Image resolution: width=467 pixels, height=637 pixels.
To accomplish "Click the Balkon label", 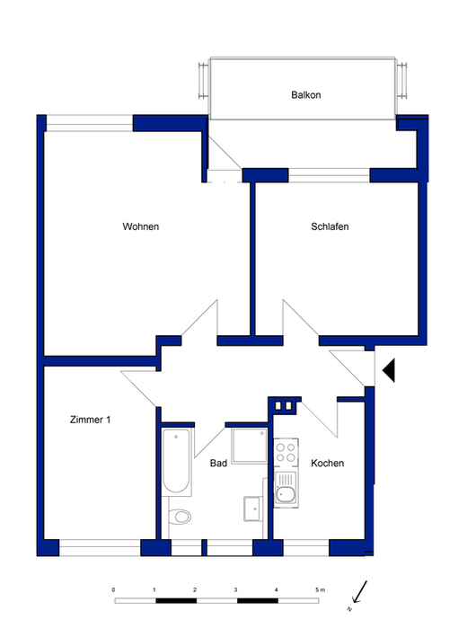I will tap(305, 94).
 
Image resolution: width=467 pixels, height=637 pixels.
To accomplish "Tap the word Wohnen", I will tap(141, 226).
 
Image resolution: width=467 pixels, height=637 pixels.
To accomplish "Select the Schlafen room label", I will tap(330, 226).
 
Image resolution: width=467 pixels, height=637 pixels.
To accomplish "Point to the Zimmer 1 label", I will tap(90, 419).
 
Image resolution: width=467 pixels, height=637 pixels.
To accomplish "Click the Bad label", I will tap(218, 464).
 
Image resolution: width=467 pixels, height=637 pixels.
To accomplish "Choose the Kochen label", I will tap(327, 464).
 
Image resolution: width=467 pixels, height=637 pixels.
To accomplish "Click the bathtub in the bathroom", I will tap(175, 462).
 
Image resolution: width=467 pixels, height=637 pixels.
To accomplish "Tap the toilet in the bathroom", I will tap(181, 518).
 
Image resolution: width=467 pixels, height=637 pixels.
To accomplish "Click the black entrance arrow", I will tap(388, 369).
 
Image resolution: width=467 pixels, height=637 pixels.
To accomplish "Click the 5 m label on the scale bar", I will tap(320, 589).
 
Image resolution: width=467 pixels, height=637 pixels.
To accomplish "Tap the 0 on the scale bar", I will tap(113, 589).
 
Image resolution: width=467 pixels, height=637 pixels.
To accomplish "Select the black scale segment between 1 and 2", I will tap(175, 598).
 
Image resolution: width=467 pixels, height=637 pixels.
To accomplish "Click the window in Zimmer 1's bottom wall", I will tap(99, 546).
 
